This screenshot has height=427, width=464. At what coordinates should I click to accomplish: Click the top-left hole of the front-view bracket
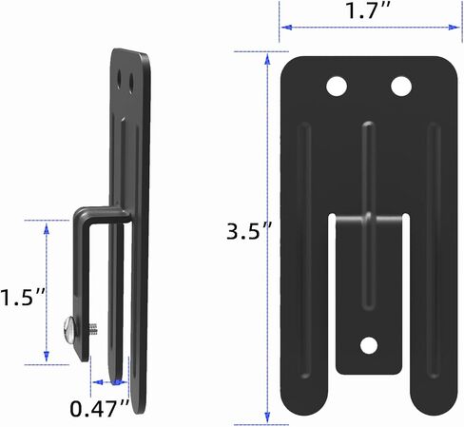pos(336,87)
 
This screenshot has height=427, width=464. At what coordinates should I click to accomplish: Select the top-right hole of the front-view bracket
pos(400,87)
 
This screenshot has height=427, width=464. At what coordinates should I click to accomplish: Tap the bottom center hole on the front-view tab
pos(368,345)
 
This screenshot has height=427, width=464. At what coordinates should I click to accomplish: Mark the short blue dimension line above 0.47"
pos(107,382)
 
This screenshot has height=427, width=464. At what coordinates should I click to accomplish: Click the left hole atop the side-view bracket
pos(120,71)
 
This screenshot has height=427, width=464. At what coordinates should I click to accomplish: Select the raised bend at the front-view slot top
pos(368,219)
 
